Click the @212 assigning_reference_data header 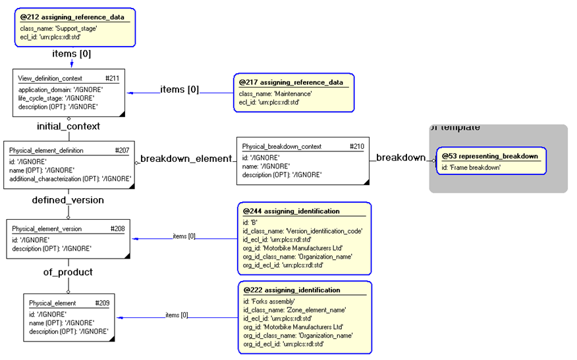point(72,16)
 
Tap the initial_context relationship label point(69,126)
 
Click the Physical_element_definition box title point(46,150)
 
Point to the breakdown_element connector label point(186,159)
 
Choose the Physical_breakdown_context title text point(282,146)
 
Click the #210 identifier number point(356,146)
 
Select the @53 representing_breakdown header point(490,156)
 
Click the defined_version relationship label point(68,200)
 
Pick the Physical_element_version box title point(47,228)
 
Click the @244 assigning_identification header point(291,211)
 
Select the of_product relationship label point(68,272)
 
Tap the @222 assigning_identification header point(291,290)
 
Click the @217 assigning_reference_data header point(290,82)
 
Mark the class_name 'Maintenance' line point(275,93)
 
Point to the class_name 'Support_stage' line point(59,28)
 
